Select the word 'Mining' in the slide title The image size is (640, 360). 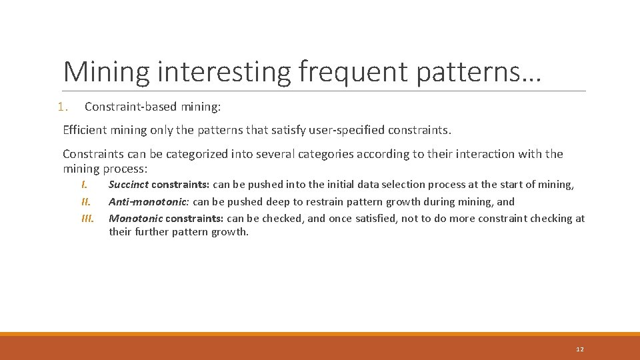106,71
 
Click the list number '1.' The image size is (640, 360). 63,107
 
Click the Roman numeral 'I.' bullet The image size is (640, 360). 85,185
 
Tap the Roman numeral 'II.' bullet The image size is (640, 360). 85,201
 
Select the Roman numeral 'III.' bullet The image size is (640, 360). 87,218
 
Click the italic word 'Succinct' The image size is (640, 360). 129,185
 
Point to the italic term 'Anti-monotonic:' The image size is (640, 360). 149,201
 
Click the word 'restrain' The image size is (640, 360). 325,201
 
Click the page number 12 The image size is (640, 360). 579,349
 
